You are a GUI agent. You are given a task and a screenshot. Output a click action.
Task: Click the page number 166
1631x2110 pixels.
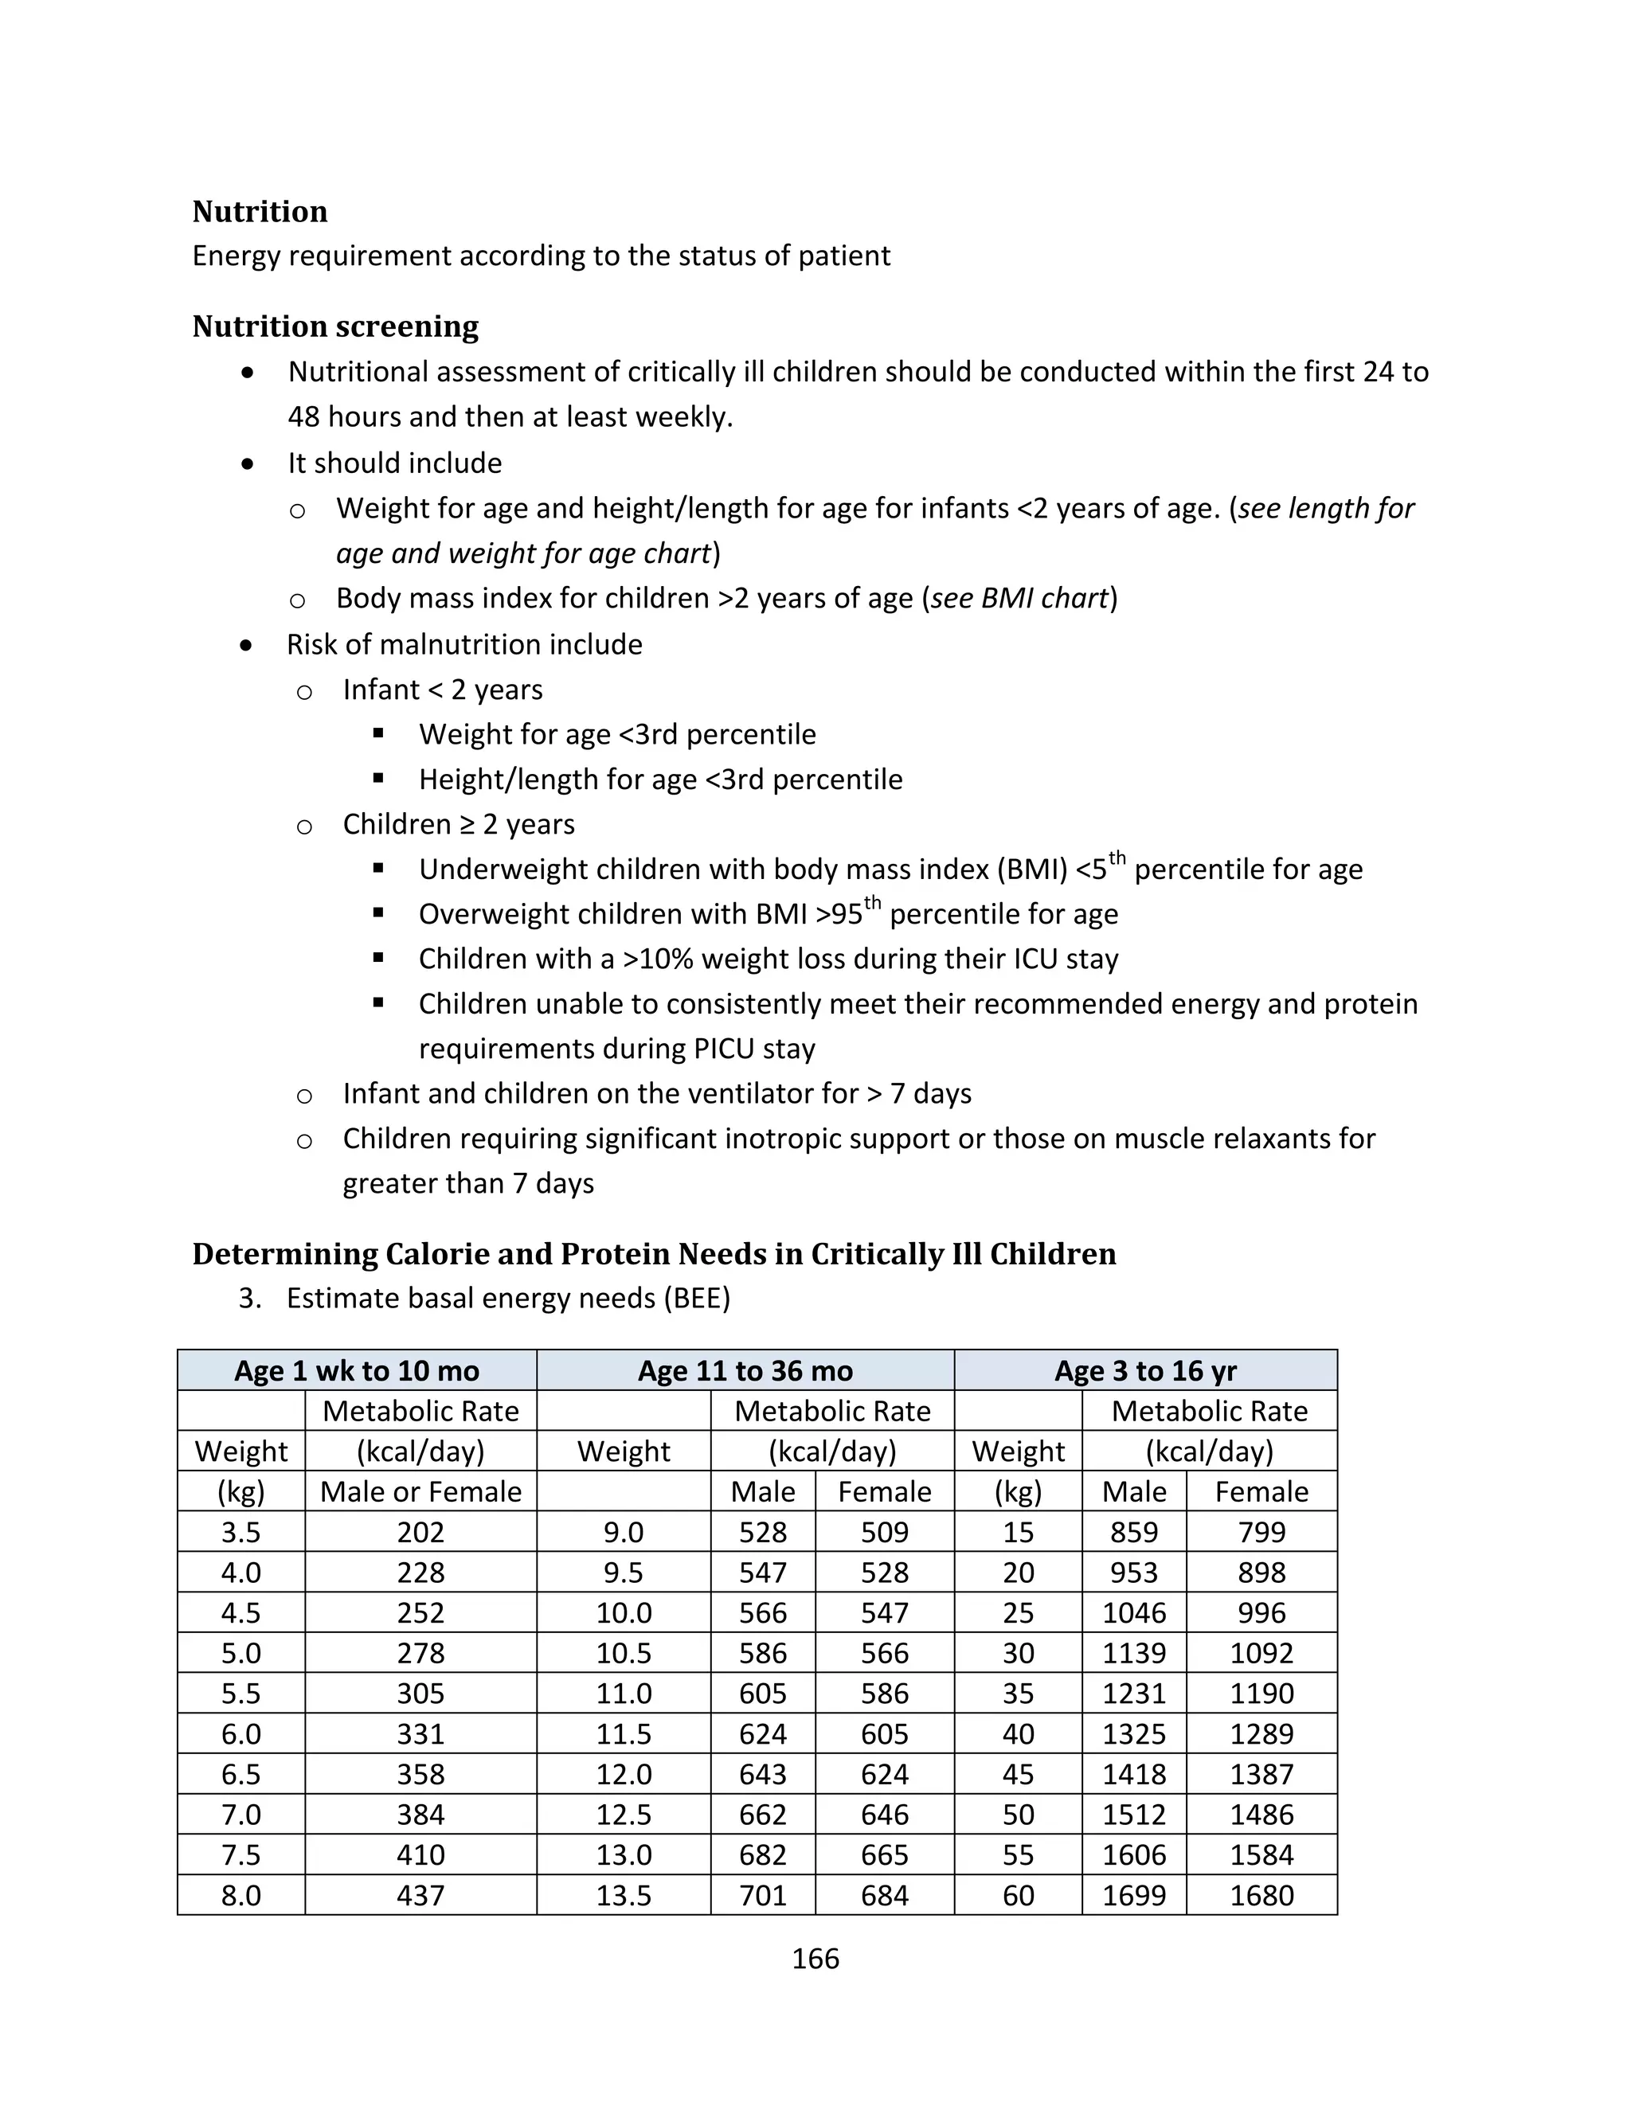click(x=815, y=1960)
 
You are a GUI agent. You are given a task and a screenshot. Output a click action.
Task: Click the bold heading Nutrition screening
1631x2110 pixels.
click(x=335, y=326)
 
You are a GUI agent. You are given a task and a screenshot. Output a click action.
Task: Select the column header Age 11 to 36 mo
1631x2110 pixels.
click(x=745, y=1371)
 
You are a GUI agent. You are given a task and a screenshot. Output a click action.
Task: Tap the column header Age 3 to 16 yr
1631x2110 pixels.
click(x=1145, y=1371)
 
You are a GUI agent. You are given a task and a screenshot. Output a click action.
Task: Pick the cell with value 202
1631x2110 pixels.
click(x=420, y=1532)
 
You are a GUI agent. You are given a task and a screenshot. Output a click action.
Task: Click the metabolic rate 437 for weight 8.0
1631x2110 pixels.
click(x=420, y=1896)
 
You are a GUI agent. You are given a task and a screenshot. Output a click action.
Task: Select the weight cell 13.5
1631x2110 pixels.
click(x=624, y=1896)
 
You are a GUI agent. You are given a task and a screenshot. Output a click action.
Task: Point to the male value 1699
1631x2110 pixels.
click(x=1133, y=1896)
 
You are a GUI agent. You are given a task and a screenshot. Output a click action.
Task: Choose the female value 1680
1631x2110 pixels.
click(x=1261, y=1896)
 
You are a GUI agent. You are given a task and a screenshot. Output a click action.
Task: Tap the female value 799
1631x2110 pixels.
click(x=1261, y=1532)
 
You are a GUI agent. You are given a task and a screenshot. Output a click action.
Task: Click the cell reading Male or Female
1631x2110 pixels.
click(x=420, y=1491)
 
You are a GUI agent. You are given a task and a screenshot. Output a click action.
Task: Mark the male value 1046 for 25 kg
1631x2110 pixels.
click(x=1133, y=1613)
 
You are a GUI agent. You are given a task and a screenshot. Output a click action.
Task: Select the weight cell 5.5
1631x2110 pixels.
click(x=241, y=1694)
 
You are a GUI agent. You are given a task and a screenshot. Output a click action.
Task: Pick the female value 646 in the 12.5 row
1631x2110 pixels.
click(x=884, y=1815)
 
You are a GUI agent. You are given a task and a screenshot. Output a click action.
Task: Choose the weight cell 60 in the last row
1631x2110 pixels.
click(x=1018, y=1896)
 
